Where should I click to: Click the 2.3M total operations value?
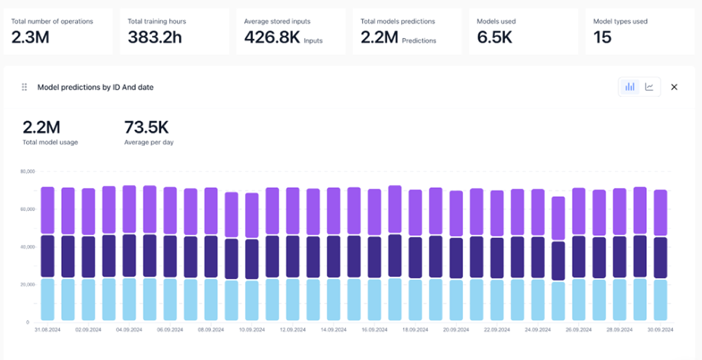click(30, 38)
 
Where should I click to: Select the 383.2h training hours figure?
click(155, 38)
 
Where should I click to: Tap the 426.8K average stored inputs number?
click(272, 38)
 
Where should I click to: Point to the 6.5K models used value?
click(495, 38)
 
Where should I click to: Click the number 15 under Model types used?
click(603, 38)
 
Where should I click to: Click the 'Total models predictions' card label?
click(398, 21)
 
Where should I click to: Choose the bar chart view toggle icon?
click(630, 87)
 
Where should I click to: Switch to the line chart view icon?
click(649, 87)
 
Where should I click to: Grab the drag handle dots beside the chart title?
click(24, 87)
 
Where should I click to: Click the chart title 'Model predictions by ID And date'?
click(95, 87)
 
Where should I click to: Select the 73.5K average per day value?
click(146, 127)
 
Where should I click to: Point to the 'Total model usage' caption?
click(50, 142)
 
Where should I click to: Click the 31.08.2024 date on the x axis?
click(47, 330)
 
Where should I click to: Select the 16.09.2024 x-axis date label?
click(375, 330)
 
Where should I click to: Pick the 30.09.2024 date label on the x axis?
click(660, 330)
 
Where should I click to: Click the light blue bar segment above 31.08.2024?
click(48, 299)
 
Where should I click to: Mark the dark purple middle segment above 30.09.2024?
click(660, 258)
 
